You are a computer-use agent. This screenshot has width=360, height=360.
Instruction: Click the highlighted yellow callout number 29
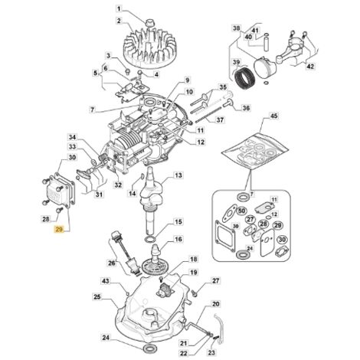(59, 229)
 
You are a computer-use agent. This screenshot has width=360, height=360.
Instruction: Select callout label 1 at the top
(119, 9)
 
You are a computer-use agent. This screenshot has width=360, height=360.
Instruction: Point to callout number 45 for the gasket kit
(274, 116)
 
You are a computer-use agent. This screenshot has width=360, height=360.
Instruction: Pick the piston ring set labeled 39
(244, 78)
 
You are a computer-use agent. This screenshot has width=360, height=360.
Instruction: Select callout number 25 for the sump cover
(97, 297)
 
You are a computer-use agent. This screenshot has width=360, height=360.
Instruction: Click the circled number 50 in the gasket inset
(242, 211)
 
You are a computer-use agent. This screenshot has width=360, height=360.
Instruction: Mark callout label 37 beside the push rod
(220, 119)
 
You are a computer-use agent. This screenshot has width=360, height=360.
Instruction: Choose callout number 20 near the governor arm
(216, 304)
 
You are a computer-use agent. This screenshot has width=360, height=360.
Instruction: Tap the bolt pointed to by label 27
(195, 294)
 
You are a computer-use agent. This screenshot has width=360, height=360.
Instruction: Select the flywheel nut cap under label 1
(149, 22)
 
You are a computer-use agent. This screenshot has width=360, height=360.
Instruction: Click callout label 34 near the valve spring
(72, 137)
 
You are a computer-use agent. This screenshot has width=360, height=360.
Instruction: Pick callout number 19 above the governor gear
(194, 273)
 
